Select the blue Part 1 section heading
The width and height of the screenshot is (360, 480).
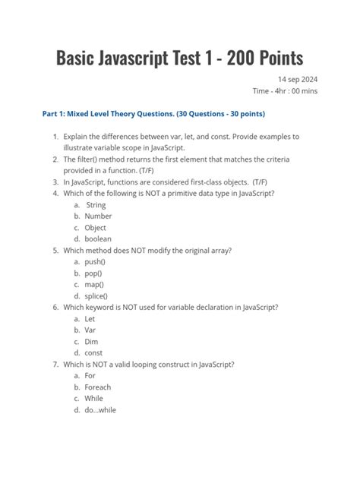[153, 115]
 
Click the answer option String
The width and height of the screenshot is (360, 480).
[96, 205]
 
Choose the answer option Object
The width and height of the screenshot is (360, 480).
[96, 228]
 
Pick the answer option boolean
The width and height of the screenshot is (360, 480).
[98, 239]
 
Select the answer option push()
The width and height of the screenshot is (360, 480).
[95, 262]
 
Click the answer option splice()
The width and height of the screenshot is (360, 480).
[96, 296]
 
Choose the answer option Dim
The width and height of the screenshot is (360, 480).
[91, 342]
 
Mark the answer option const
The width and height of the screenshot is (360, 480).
[94, 353]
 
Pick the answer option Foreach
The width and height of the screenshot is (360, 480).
[98, 387]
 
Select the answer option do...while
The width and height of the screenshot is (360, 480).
[101, 410]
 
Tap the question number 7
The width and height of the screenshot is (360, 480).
[55, 365]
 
